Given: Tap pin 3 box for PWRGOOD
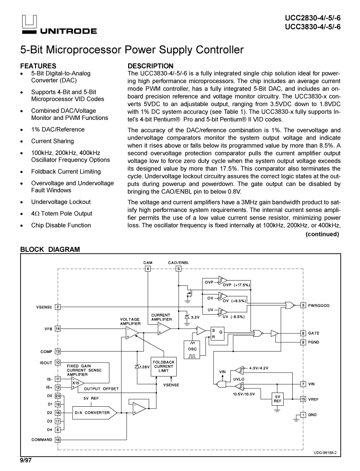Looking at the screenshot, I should click(303, 306).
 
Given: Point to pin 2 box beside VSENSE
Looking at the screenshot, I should click(58, 306).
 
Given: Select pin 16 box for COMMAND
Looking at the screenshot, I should click(58, 439).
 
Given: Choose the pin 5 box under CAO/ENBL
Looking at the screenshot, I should click(179, 269).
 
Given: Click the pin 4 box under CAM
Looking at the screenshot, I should click(148, 269).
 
